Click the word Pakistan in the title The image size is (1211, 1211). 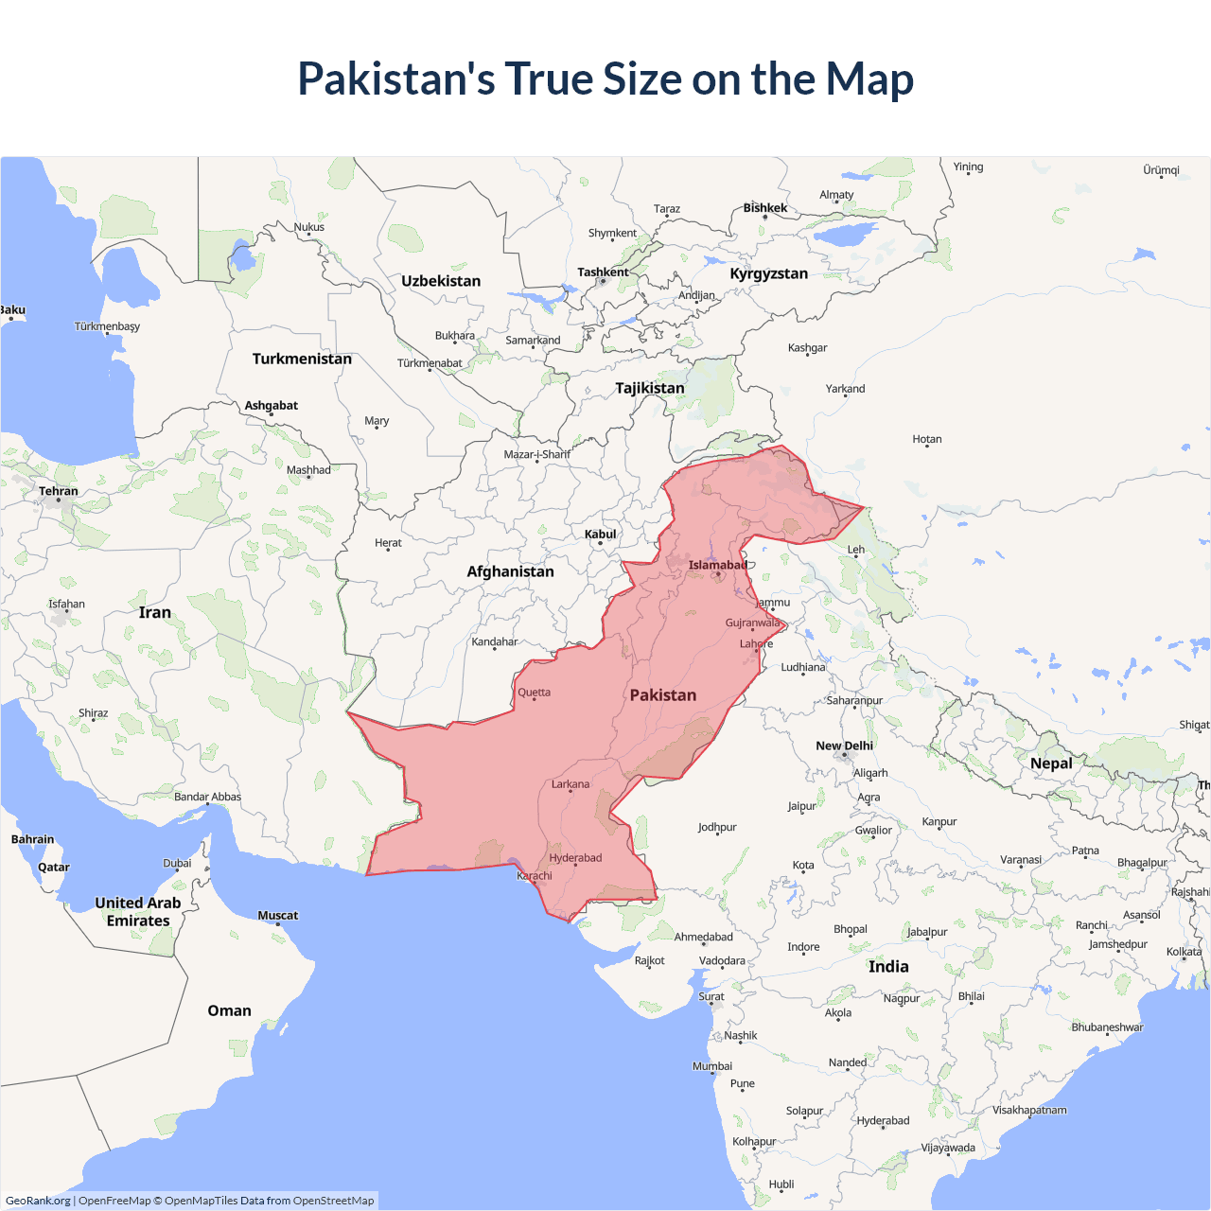point(396,79)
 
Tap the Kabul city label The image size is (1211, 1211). point(600,535)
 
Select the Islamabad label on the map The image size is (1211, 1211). point(717,566)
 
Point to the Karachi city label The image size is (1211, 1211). point(535,876)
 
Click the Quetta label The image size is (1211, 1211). point(534,693)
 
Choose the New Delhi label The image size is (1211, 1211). point(844,746)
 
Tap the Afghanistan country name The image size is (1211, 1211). point(510,571)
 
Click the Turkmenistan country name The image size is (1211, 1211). point(302,359)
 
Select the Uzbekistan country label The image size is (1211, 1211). point(441,281)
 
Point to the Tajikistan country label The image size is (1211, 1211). point(649,388)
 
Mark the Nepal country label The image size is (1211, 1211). point(1051,763)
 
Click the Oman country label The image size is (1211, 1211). point(229,1010)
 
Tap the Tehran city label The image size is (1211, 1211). point(59,491)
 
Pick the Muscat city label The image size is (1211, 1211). point(278,915)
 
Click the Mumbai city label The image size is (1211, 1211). point(712,1066)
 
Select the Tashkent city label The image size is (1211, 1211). point(603,272)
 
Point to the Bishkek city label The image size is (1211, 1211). point(764,208)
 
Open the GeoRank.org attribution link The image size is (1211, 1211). point(38,1201)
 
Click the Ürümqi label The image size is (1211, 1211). point(1161,170)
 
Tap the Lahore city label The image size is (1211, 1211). point(756,644)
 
